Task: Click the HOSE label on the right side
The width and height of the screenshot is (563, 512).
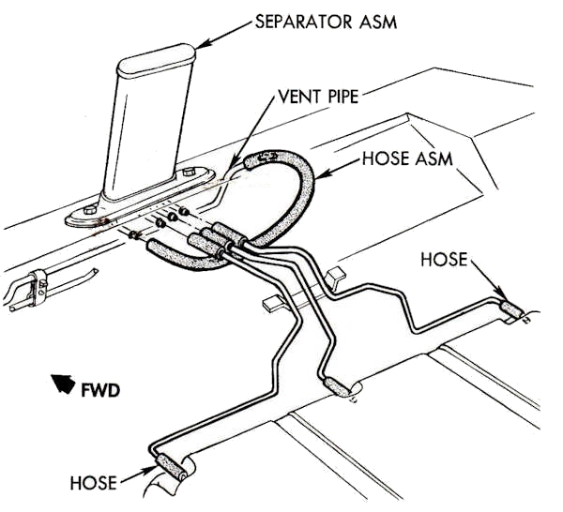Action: pos(443,259)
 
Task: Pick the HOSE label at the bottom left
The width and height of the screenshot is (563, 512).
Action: pos(94,483)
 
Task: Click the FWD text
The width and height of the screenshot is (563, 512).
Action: pos(100,385)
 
